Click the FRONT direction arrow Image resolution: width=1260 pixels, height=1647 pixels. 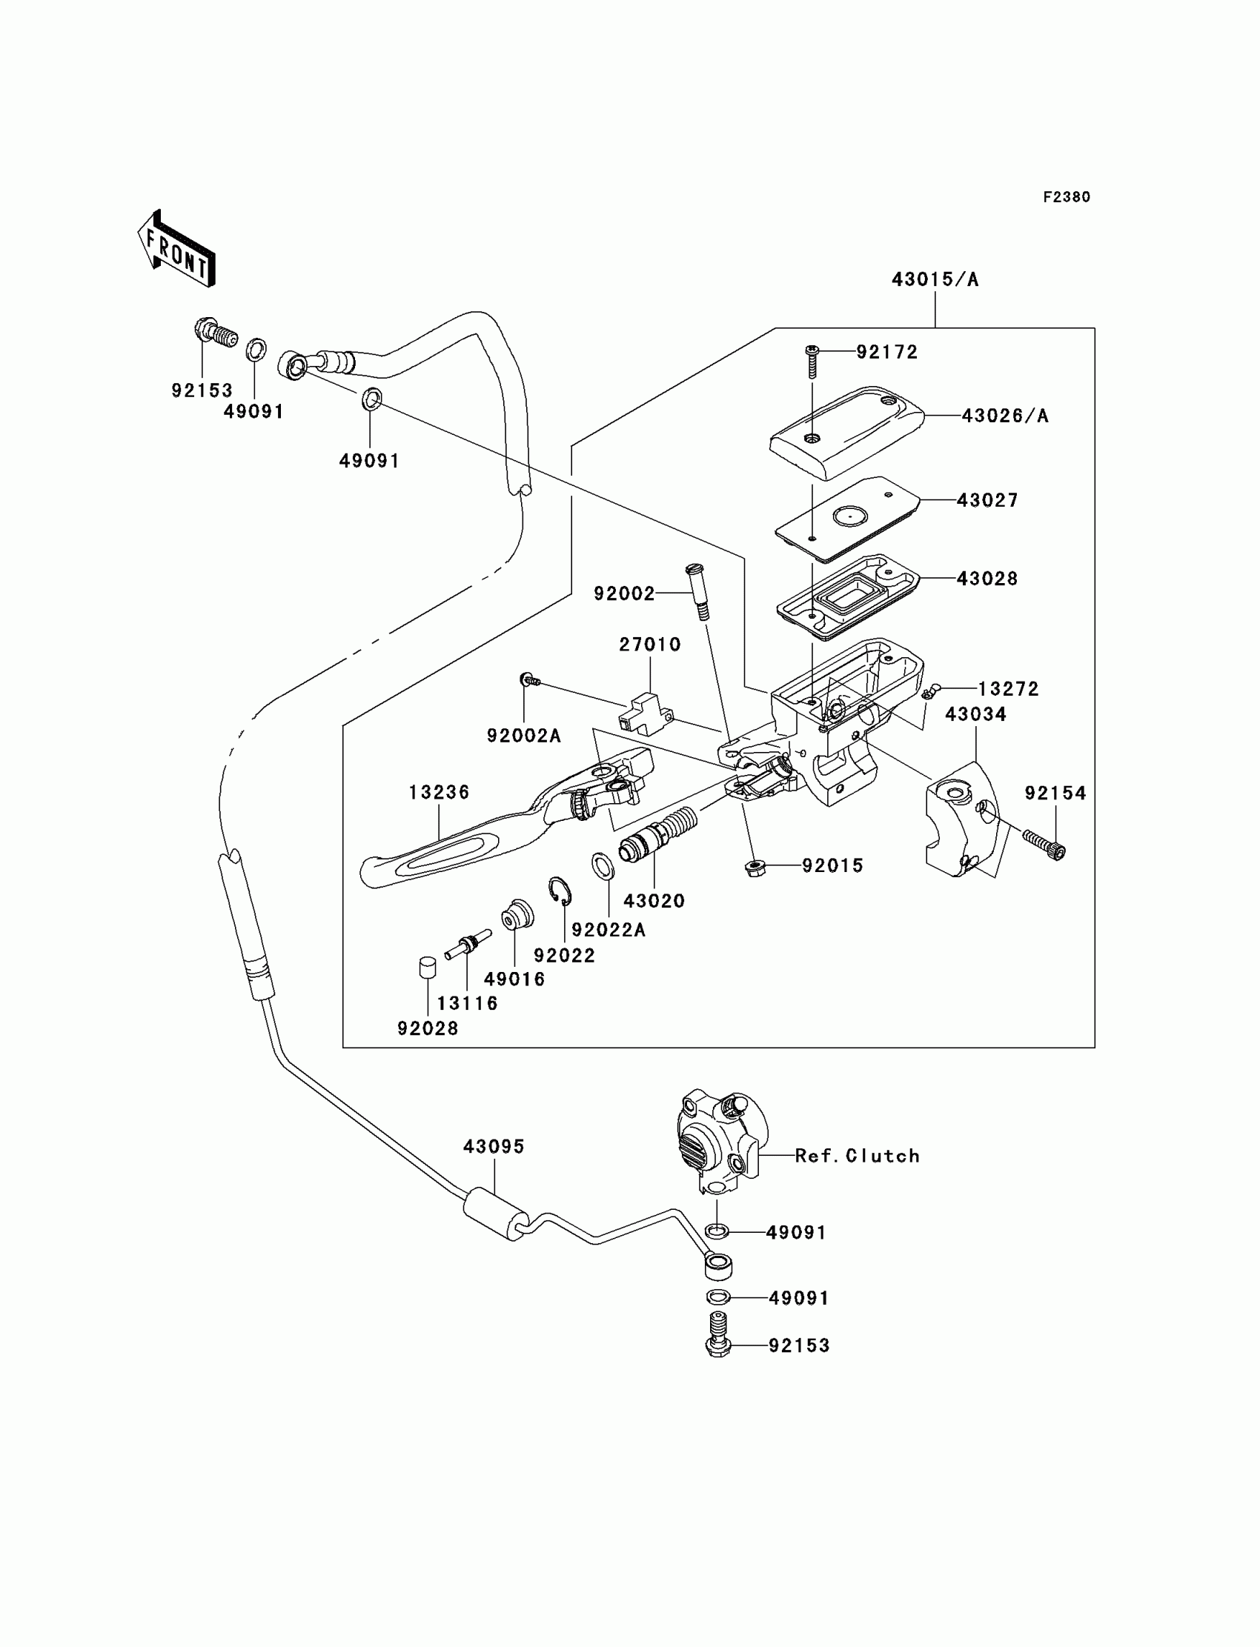(x=177, y=250)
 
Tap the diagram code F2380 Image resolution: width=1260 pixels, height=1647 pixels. (x=1067, y=197)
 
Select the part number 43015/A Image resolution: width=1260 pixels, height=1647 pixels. (x=935, y=279)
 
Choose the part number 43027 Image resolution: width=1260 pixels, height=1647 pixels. (x=987, y=500)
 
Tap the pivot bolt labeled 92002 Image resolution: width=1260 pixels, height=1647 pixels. (x=697, y=592)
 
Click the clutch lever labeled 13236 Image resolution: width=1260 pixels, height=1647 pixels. (x=450, y=847)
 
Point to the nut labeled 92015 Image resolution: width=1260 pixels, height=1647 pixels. (x=755, y=868)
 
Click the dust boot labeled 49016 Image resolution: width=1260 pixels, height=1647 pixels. (x=517, y=915)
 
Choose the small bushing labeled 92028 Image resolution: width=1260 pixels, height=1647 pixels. (x=427, y=967)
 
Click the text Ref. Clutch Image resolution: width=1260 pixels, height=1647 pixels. (x=857, y=1156)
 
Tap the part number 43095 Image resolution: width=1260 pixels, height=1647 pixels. (x=494, y=1146)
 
